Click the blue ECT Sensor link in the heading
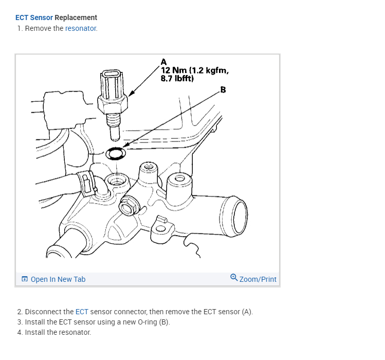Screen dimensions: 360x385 34,17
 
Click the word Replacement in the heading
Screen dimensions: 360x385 76,17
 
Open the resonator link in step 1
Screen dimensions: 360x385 81,28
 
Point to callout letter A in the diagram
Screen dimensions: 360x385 163,63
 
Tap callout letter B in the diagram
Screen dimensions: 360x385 223,89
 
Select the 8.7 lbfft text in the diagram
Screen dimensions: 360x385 177,79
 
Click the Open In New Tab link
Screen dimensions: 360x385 58,279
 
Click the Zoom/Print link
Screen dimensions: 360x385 258,279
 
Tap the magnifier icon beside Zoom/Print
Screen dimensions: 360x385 234,278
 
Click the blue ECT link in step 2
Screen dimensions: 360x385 82,312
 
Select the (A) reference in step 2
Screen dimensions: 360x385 247,312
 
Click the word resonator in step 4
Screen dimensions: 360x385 76,332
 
